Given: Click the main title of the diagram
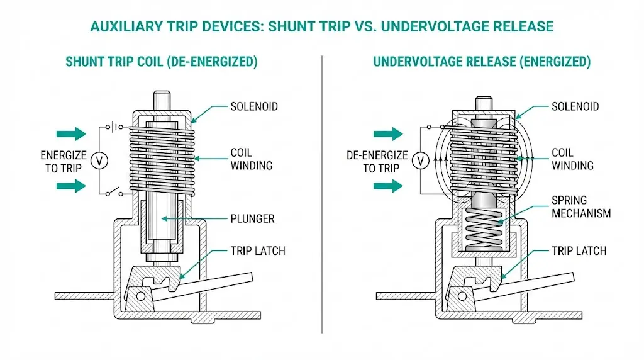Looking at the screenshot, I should (322, 26).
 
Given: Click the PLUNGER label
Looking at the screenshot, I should (252, 218).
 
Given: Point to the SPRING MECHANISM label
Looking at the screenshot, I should (580, 207).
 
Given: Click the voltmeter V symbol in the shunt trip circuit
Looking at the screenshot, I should (99, 160).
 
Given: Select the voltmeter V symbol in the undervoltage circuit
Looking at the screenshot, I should (420, 161).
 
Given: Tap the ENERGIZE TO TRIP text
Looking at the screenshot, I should (64, 161).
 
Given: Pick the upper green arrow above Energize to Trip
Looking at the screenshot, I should (71, 133).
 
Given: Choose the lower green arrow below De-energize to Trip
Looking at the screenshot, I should (388, 186).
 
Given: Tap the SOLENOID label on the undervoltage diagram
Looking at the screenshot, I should (575, 107).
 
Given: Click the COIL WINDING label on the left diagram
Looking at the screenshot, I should (251, 159).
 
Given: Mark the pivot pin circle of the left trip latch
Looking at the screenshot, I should (140, 295).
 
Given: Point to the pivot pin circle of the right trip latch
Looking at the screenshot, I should (462, 295).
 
